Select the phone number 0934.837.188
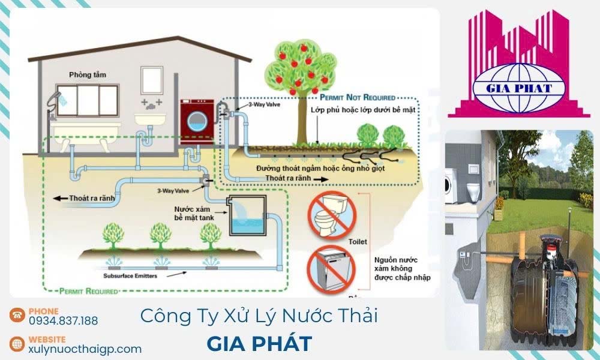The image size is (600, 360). pyautogui.click(x=63, y=321)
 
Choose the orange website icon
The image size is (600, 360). pyautogui.click(x=17, y=344)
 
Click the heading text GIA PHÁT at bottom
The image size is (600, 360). pyautogui.click(x=259, y=344)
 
